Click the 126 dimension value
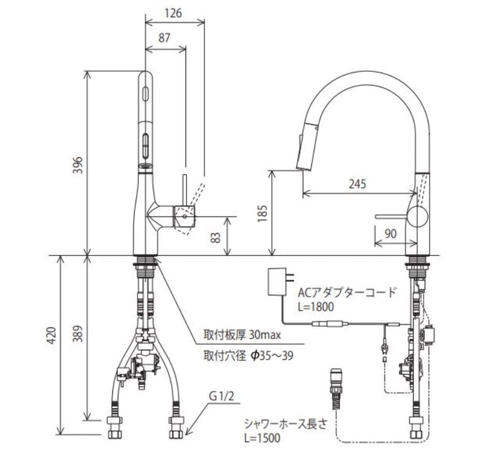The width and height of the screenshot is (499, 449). pos(174,13)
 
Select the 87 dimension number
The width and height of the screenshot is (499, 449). pos(164,38)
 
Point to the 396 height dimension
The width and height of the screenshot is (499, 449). pos(78,165)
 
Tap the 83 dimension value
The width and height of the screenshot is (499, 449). pos(216,238)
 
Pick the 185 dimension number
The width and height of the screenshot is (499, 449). pos(263,213)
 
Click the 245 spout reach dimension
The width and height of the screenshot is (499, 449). pos(357,184)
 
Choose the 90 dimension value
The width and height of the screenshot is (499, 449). pos(390,233)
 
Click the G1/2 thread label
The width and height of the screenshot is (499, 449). pos(222,396)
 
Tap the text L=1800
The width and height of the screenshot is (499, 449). pos(316,306)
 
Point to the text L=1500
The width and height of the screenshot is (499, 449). pos(263,438)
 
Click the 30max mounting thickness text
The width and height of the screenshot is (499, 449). pos(265,335)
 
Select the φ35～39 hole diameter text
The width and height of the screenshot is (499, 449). pos(272,356)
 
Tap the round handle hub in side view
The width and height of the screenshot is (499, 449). pos(418,217)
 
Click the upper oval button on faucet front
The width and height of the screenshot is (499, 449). pos(145,93)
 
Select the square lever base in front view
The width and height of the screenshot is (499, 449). pos(185,216)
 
